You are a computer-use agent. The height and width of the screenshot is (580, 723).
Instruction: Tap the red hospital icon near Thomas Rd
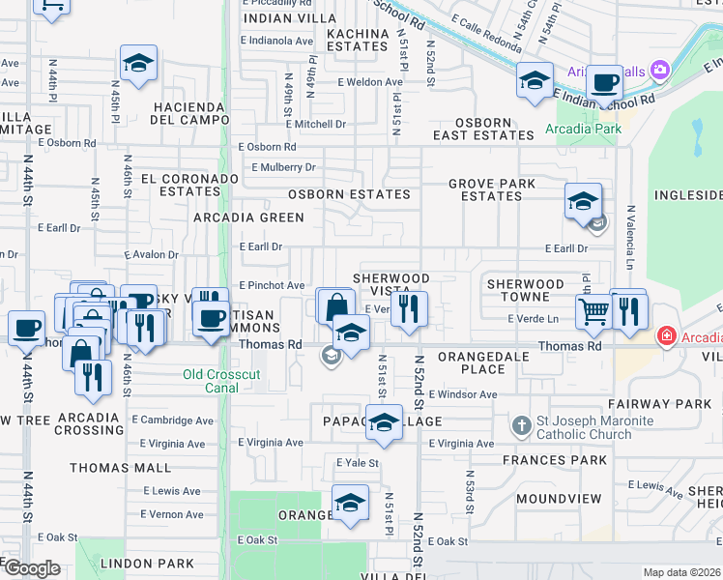[666, 336]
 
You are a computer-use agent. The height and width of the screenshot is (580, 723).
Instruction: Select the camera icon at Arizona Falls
[660, 69]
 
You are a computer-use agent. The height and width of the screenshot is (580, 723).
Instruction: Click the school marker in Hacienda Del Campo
[139, 64]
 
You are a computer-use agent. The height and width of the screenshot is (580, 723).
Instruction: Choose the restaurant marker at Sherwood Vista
[410, 309]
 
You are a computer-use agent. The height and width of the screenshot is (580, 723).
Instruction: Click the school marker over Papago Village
[384, 423]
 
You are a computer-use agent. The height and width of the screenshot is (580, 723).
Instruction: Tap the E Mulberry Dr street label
[283, 167]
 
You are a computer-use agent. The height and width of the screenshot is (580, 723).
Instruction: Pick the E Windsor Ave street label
[463, 394]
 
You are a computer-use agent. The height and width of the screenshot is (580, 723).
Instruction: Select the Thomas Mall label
[106, 468]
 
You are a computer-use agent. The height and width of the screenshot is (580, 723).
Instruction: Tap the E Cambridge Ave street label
[174, 420]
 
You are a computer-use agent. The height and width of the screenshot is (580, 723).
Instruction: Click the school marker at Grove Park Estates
[583, 202]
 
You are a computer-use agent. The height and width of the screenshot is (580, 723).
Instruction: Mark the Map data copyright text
[680, 572]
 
